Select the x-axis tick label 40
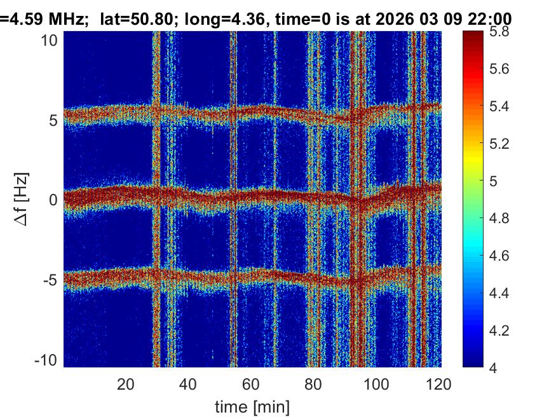click(187, 384)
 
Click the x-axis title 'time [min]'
click(252, 405)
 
